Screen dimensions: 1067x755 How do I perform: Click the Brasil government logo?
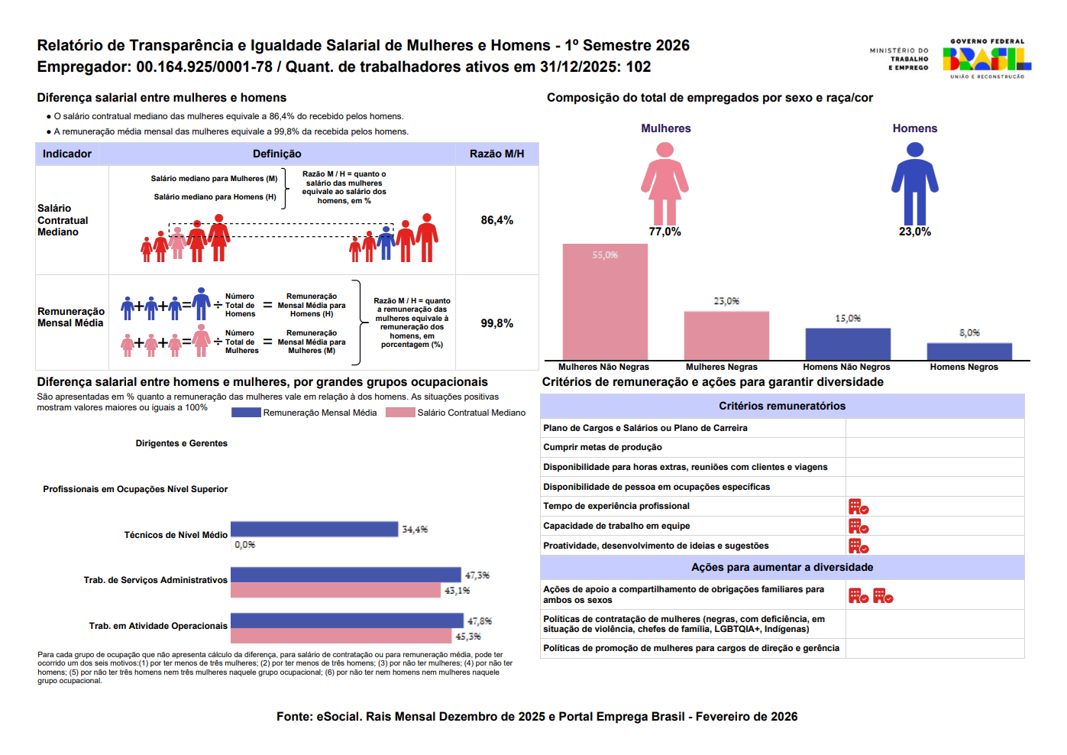tap(987, 59)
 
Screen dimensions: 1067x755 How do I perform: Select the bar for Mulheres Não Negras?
tap(605, 302)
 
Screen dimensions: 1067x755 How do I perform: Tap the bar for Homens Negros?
tap(969, 352)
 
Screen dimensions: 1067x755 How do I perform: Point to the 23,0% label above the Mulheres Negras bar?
tap(726, 301)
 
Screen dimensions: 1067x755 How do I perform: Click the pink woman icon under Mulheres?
tap(665, 183)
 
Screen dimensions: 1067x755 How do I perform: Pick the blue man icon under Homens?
tap(914, 183)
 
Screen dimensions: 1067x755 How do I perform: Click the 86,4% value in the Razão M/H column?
tap(496, 220)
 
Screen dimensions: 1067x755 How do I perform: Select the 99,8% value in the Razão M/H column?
tap(496, 323)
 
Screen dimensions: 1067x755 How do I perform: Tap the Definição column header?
tap(276, 154)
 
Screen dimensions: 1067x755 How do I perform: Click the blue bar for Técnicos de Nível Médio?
tap(315, 529)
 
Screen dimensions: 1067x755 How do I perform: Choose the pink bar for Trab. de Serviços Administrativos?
tap(336, 590)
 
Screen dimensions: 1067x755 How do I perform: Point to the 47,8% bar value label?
tap(479, 621)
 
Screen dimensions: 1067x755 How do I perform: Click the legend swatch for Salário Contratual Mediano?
tap(400, 413)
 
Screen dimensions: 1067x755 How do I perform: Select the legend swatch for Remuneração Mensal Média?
tap(246, 413)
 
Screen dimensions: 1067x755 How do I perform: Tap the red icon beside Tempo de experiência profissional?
tap(858, 507)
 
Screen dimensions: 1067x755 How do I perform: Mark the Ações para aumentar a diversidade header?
tap(782, 567)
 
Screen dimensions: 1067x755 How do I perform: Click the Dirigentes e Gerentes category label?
tap(182, 443)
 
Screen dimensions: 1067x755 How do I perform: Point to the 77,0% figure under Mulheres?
tap(665, 232)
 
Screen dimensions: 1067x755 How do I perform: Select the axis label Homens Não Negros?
tap(846, 367)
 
